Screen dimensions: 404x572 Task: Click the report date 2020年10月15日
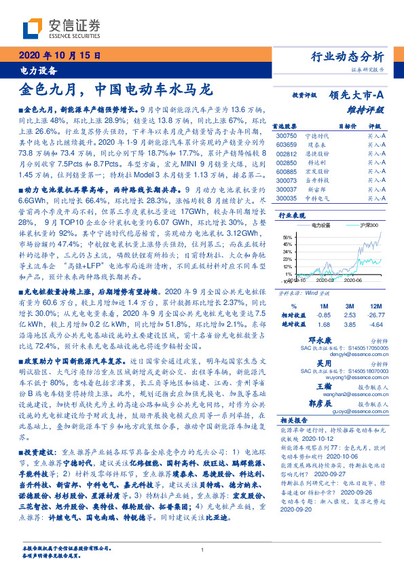[x=58, y=55]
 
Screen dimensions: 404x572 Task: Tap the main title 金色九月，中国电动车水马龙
[x=116, y=90]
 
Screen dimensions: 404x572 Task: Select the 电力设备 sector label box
[x=35, y=70]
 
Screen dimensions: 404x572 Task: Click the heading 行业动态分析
[x=350, y=56]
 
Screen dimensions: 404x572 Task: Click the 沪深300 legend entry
[x=368, y=224]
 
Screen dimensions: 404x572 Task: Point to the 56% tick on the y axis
[x=287, y=237]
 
